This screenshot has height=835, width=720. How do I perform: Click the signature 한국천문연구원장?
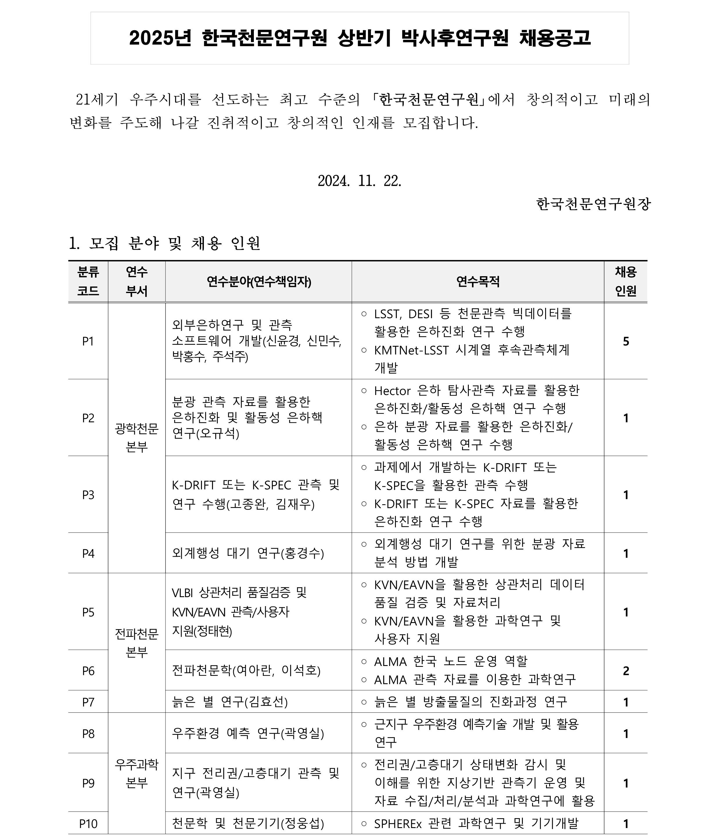pyautogui.click(x=593, y=204)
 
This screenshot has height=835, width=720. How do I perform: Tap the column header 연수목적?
pyautogui.click(x=477, y=282)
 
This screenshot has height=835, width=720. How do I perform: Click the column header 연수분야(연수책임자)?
pyautogui.click(x=259, y=282)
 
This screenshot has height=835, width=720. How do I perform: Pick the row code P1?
pyautogui.click(x=88, y=341)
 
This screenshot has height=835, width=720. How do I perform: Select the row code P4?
pyautogui.click(x=88, y=553)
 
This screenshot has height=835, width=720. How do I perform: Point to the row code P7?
pyautogui.click(x=88, y=702)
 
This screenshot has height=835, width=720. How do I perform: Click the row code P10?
pyautogui.click(x=88, y=824)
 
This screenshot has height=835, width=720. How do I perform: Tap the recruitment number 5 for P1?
pyautogui.click(x=626, y=341)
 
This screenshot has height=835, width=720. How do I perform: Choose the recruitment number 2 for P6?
pyautogui.click(x=626, y=671)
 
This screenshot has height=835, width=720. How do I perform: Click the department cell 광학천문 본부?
pyautogui.click(x=137, y=438)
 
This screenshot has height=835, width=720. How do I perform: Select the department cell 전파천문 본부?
pyautogui.click(x=137, y=643)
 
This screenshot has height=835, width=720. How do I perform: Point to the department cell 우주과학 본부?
pyautogui.click(x=137, y=773)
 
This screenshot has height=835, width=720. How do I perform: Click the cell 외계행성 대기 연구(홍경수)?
pyautogui.click(x=248, y=553)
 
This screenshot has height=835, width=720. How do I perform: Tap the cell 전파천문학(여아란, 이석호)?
pyautogui.click(x=246, y=671)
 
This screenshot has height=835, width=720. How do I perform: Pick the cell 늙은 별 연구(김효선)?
pyautogui.click(x=230, y=702)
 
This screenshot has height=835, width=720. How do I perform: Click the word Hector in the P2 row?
pyautogui.click(x=392, y=391)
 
